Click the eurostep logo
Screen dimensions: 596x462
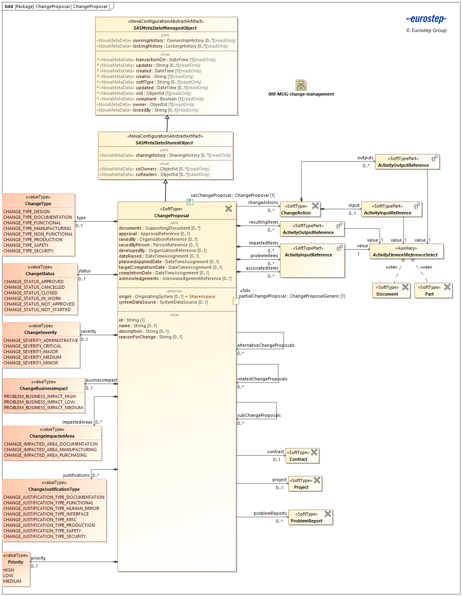tap(426, 19)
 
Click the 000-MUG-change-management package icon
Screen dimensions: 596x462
tap(301, 85)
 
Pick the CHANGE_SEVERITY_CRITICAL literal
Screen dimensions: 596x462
tap(32, 346)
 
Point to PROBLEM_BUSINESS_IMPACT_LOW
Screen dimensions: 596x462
tap(39, 402)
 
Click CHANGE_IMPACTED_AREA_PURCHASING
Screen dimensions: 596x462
tap(45, 455)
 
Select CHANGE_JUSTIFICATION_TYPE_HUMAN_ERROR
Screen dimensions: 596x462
tap(51, 508)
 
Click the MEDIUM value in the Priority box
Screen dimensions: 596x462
tap(12, 581)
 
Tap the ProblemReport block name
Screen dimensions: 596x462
tap(306, 521)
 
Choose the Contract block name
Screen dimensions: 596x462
tap(298, 459)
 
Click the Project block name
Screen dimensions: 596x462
tap(301, 487)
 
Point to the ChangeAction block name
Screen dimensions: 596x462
tap(296, 213)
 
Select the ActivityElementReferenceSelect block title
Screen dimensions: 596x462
tap(405, 255)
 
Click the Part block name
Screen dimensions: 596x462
tap(429, 294)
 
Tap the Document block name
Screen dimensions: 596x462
tap(387, 294)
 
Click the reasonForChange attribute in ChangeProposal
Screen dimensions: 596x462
tap(137, 337)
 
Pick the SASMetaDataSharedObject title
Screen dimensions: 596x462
tap(164, 143)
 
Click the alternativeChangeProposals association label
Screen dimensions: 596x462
tap(266, 345)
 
